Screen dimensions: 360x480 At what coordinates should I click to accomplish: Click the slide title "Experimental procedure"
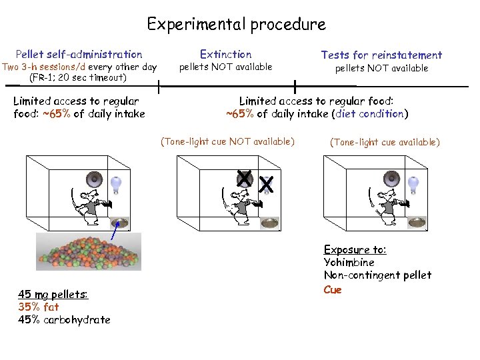[x=237, y=25]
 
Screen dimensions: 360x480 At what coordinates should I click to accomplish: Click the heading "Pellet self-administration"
[x=79, y=54]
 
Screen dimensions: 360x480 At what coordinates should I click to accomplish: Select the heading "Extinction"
[x=226, y=54]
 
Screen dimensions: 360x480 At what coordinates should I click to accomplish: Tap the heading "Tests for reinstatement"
[x=381, y=55]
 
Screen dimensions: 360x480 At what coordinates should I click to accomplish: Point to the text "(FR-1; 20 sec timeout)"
[x=78, y=77]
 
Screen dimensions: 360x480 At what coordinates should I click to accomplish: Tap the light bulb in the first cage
[x=117, y=183]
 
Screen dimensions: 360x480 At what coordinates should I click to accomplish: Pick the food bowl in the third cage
[x=417, y=223]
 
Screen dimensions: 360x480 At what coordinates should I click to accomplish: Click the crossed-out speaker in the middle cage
[x=245, y=179]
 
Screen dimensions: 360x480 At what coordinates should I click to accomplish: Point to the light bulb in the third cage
[x=413, y=182]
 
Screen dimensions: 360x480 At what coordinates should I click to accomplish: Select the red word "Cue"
[x=333, y=289]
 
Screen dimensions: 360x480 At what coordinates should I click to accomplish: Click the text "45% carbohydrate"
[x=64, y=319]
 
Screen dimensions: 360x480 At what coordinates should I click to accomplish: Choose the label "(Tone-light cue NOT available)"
[x=227, y=141]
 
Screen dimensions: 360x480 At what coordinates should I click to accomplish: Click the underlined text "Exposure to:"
[x=355, y=249]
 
